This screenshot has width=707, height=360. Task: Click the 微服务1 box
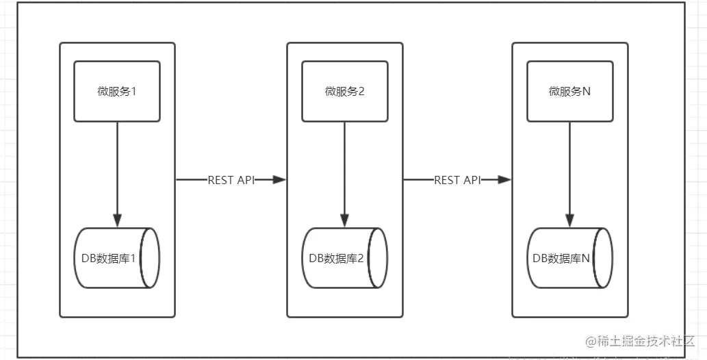pyautogui.click(x=117, y=91)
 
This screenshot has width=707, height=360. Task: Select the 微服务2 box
pyautogui.click(x=344, y=91)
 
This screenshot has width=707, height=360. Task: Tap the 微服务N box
pyautogui.click(x=570, y=91)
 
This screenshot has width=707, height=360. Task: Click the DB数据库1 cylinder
pyautogui.click(x=117, y=258)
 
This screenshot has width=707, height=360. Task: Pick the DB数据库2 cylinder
pyautogui.click(x=344, y=258)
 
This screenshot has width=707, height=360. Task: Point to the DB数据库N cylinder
pyautogui.click(x=570, y=258)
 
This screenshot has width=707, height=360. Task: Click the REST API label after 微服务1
pyautogui.click(x=231, y=180)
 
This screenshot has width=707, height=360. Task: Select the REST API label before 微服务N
pyautogui.click(x=457, y=180)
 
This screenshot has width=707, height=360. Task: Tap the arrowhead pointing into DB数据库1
pyautogui.click(x=117, y=220)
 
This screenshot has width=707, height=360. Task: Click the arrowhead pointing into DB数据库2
pyautogui.click(x=344, y=220)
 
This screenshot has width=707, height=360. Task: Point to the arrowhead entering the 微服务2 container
pyautogui.click(x=279, y=180)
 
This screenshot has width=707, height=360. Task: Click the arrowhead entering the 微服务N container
pyautogui.click(x=504, y=180)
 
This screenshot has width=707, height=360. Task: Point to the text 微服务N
pyautogui.click(x=570, y=91)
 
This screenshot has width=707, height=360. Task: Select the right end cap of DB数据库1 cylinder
pyautogui.click(x=151, y=258)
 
